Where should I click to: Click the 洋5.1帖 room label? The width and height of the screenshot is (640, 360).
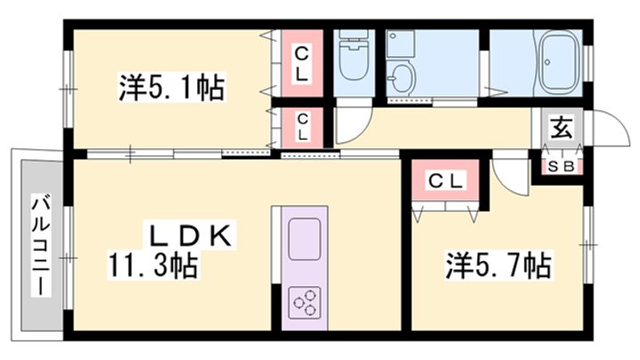(171, 89)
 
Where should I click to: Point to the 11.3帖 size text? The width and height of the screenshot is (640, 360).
(153, 264)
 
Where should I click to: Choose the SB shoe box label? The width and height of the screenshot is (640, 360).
(560, 166)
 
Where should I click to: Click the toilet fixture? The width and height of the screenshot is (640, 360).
(355, 59)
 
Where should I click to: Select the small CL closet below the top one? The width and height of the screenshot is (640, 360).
(302, 128)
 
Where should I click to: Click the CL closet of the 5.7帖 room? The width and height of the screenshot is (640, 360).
(446, 182)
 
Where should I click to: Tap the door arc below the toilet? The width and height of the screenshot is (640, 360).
(348, 128)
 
